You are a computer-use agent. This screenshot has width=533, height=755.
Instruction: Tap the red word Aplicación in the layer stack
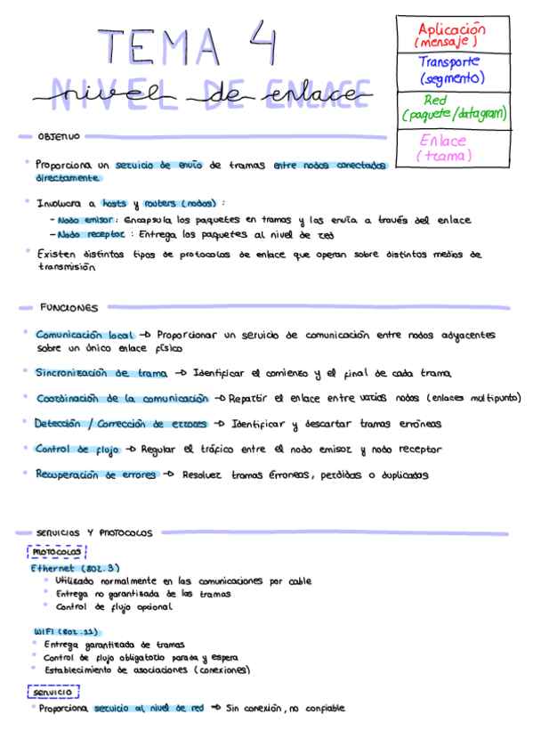click(451, 29)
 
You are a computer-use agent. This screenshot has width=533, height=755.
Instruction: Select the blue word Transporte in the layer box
click(449, 62)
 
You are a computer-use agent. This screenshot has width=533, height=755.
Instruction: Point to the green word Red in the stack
click(436, 100)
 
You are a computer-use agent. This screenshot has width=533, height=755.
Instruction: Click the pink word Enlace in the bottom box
click(442, 141)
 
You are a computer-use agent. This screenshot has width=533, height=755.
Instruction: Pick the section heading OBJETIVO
click(59, 137)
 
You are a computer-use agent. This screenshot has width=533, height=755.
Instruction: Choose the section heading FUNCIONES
click(69, 308)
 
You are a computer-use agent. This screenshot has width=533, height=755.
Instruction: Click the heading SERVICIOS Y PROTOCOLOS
click(95, 532)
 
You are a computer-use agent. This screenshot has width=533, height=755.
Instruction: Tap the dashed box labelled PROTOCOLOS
click(56, 552)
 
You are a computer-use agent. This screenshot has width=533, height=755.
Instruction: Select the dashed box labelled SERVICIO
click(53, 692)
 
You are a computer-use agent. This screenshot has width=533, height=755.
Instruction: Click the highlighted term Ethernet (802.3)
click(75, 567)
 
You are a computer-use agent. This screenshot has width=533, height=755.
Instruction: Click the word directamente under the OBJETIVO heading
click(68, 178)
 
